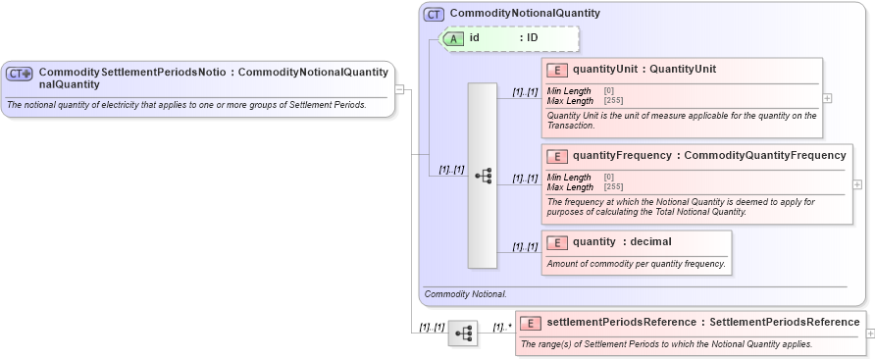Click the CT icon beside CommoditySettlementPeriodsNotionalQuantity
click(20, 74)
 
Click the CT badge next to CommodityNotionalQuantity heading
click(434, 15)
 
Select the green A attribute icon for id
click(454, 38)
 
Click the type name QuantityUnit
click(683, 70)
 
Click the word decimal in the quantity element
click(650, 241)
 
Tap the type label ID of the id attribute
click(532, 38)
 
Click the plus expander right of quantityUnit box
click(828, 98)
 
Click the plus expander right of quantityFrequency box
click(858, 184)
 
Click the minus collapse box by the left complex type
click(399, 89)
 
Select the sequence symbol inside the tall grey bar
click(483, 176)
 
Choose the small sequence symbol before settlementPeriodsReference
click(462, 334)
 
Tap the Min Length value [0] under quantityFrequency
click(609, 177)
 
